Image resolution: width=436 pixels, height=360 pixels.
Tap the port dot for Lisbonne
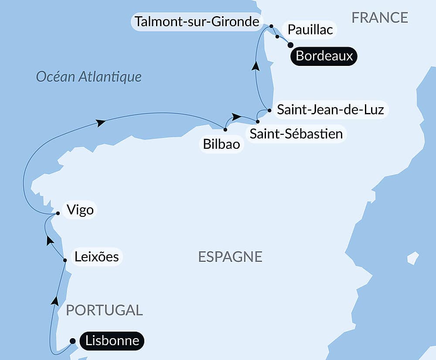click(73, 341)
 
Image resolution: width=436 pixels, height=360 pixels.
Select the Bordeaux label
click(324, 56)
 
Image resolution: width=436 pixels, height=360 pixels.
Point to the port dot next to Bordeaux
click(291, 45)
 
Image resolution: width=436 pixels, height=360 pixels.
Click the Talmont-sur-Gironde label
click(197, 21)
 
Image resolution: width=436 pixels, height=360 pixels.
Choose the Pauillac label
click(310, 29)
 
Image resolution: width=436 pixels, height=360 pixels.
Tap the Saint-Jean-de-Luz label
click(330, 110)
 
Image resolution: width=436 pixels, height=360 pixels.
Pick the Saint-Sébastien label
click(296, 134)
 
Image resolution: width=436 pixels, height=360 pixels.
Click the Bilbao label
click(221, 144)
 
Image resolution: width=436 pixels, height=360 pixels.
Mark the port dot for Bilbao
click(225, 130)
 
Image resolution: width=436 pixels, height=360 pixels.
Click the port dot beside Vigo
click(58, 214)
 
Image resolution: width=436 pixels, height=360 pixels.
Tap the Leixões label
click(96, 257)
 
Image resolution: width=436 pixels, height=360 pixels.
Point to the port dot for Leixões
click(65, 261)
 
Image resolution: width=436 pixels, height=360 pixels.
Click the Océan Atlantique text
click(89, 77)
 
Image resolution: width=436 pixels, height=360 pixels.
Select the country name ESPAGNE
click(230, 257)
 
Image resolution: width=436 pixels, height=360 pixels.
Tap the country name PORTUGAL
click(104, 310)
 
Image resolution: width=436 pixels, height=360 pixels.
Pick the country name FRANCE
click(380, 17)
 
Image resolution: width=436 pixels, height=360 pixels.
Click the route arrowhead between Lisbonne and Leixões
click(55, 300)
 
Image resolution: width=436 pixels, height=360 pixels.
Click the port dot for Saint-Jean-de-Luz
click(269, 110)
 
